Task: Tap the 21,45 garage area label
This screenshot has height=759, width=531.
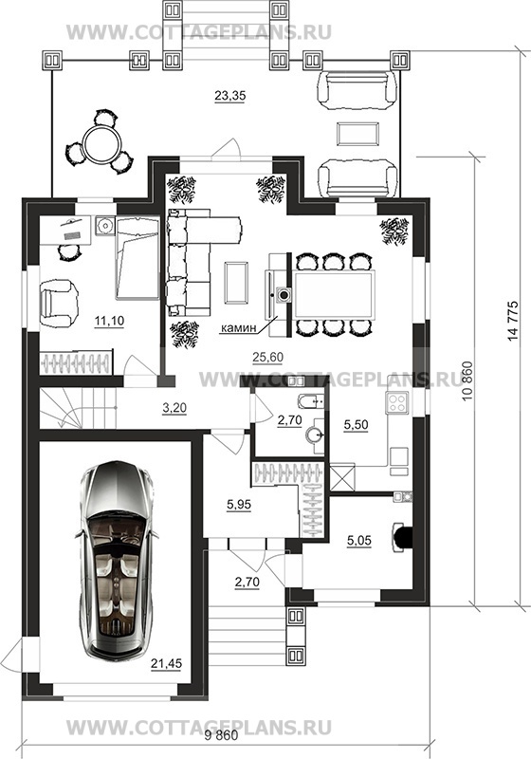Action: pyautogui.click(x=166, y=663)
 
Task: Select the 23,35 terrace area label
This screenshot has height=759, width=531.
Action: pyautogui.click(x=229, y=96)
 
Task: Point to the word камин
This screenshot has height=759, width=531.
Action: pyautogui.click(x=238, y=328)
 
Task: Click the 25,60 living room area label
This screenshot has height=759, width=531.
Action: pyautogui.click(x=267, y=358)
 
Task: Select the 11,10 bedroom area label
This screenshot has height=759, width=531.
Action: pyautogui.click(x=109, y=321)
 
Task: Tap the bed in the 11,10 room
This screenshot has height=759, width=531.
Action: pyautogui.click(x=137, y=258)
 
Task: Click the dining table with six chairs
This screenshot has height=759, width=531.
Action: pyautogui.click(x=334, y=295)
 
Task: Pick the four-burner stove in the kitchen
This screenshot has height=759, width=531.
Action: pyautogui.click(x=396, y=402)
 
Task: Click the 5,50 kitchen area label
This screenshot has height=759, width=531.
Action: pyautogui.click(x=356, y=425)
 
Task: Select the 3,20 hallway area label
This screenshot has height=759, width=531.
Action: pyautogui.click(x=174, y=409)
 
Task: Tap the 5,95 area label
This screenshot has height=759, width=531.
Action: pyautogui.click(x=239, y=505)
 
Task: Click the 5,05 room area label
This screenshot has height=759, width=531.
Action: pyautogui.click(x=359, y=541)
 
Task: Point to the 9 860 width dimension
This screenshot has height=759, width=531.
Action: pyautogui.click(x=221, y=736)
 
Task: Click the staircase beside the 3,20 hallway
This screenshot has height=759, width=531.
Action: pyautogui.click(x=78, y=409)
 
